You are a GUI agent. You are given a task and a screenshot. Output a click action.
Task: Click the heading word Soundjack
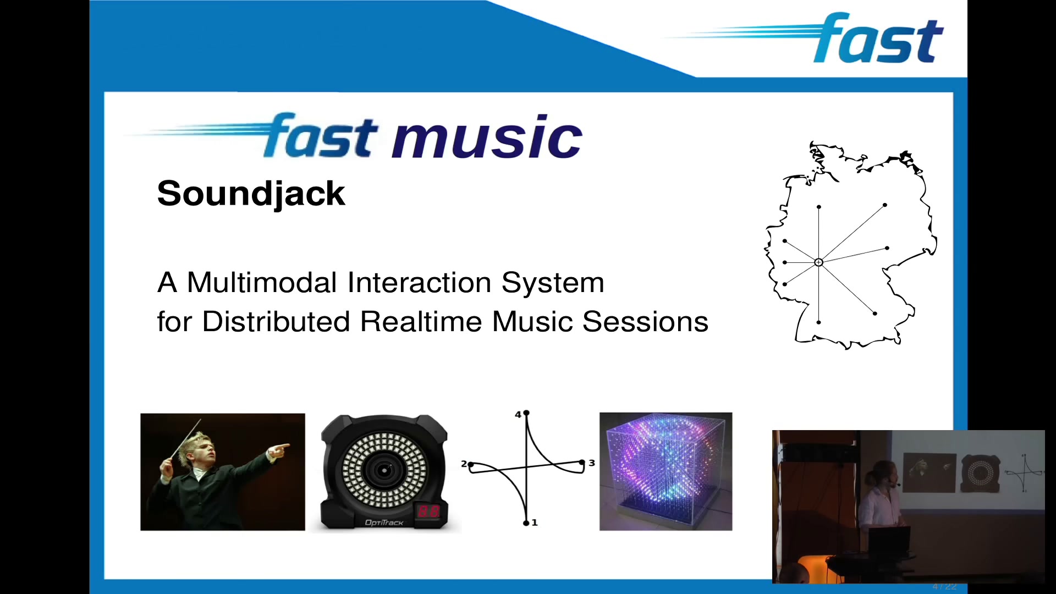[x=251, y=194]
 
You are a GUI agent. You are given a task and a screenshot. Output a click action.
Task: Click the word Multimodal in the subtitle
[x=262, y=283]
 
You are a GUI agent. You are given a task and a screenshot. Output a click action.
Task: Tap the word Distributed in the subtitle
[x=276, y=321]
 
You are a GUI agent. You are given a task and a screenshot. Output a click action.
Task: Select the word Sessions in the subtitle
[x=645, y=321]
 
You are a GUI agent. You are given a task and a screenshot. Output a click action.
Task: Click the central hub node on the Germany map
[x=818, y=262]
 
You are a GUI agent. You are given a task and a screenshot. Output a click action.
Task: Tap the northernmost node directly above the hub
[x=819, y=207]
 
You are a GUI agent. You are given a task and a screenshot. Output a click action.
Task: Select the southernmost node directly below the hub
[x=819, y=322]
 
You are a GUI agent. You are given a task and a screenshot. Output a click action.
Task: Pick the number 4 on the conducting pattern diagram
[x=518, y=415]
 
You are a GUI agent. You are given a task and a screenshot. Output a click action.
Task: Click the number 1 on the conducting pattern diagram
[x=535, y=522]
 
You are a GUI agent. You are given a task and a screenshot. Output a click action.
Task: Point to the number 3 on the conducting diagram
[x=592, y=463]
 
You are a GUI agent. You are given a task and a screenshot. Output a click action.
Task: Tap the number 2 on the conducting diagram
[x=464, y=464]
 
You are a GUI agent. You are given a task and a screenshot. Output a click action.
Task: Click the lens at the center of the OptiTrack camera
[x=384, y=470]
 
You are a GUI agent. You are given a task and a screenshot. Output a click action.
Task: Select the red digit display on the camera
[x=428, y=511]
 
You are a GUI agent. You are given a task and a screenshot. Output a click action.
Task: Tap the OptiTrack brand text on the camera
[x=384, y=522]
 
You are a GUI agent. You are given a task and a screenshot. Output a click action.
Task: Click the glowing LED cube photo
[x=665, y=471]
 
